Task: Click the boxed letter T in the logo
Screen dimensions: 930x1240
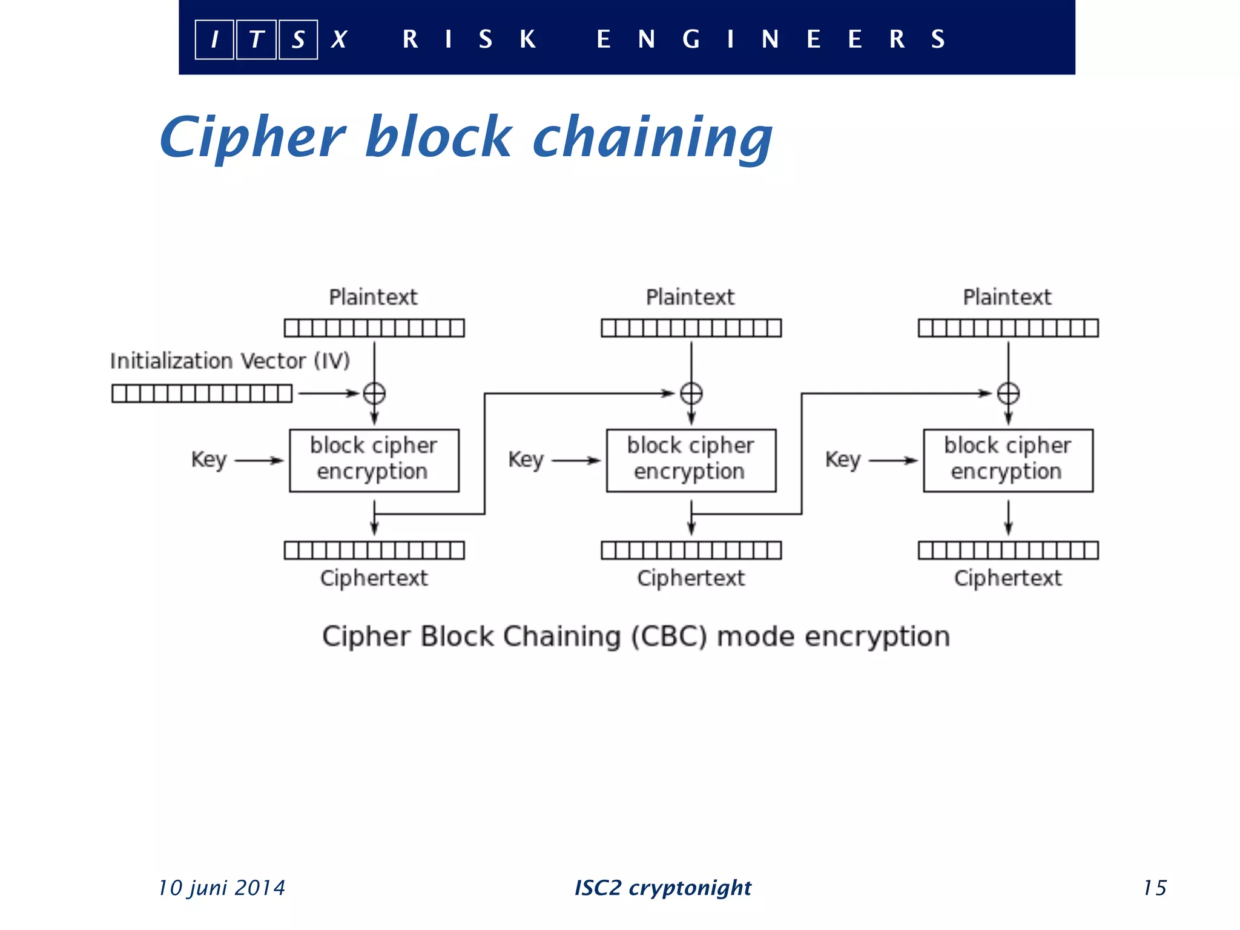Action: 256,40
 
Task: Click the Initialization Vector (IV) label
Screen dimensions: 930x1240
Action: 230,361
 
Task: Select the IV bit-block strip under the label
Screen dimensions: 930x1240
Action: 202,394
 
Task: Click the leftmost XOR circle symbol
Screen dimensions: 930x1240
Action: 374,394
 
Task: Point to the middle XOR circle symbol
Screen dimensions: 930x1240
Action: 691,394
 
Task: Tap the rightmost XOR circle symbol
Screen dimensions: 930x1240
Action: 1008,394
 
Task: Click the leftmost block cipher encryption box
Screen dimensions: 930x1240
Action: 374,460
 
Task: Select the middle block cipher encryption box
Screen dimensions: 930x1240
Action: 691,460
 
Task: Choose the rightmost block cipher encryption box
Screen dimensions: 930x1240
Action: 1008,460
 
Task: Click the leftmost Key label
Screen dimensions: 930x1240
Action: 209,460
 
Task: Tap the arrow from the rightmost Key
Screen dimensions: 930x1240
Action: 893,461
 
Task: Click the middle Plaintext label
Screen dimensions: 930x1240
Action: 690,297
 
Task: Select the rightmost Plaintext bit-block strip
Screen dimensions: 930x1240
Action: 1008,328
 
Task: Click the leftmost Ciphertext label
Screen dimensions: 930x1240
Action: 374,578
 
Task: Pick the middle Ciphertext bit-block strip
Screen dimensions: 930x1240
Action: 691,550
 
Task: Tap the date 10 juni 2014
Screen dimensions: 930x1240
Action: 222,888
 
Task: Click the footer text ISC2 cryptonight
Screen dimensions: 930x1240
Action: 663,888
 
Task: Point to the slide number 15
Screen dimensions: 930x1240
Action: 1155,888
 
